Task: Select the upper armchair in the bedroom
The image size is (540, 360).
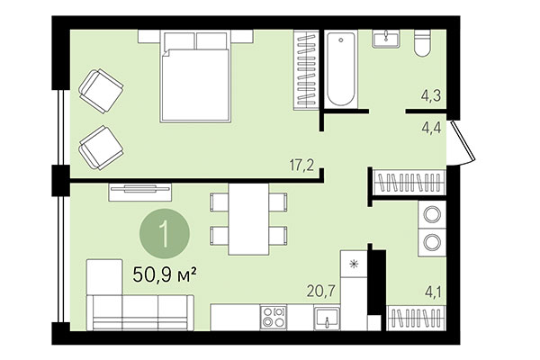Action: click(x=102, y=89)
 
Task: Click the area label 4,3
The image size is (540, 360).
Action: click(x=431, y=94)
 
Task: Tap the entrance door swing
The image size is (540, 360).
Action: click(x=462, y=144)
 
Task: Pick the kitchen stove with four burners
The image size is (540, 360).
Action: click(x=273, y=317)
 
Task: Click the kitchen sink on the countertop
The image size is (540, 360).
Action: click(x=327, y=318)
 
